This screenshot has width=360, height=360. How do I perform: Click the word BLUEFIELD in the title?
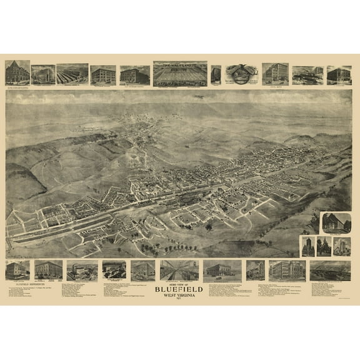point(180,290)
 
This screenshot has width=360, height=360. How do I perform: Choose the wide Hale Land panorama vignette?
point(180,72)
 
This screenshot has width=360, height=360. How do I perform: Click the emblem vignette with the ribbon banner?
point(242,73)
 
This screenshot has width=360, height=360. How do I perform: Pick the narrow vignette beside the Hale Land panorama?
point(216,74)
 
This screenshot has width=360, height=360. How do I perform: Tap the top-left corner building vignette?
point(17,72)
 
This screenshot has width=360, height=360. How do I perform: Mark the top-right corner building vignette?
point(339,74)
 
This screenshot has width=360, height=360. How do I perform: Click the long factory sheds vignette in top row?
point(72,74)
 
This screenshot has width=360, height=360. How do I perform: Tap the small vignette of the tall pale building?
point(342,246)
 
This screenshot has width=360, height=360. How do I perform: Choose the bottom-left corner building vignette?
point(17,270)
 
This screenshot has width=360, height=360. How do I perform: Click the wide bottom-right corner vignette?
point(330,270)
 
